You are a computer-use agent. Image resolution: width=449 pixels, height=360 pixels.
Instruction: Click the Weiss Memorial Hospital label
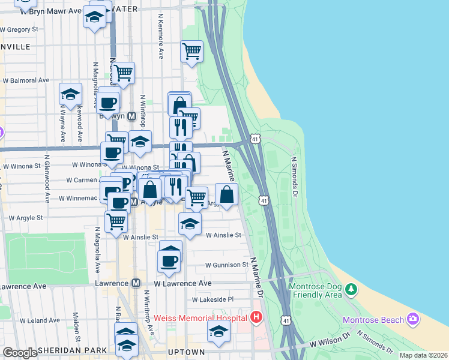tap(200, 317)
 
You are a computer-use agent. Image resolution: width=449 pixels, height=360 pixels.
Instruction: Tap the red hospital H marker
tap(257, 317)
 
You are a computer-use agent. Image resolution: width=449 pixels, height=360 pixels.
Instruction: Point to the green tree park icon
tap(351, 290)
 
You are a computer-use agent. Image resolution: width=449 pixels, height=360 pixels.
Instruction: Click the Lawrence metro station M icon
tap(136, 283)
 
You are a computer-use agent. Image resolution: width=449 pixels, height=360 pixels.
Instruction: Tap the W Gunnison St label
tap(226, 265)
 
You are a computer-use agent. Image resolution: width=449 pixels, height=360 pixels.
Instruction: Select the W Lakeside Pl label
tap(212, 299)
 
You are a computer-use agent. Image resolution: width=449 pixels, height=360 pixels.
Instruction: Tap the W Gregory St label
tap(19, 28)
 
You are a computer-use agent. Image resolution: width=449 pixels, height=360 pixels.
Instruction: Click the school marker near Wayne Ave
tap(70, 94)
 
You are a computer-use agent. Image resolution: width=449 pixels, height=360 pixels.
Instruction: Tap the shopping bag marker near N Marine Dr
tap(226, 194)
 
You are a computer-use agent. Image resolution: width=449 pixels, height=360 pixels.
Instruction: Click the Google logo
tap(20, 353)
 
